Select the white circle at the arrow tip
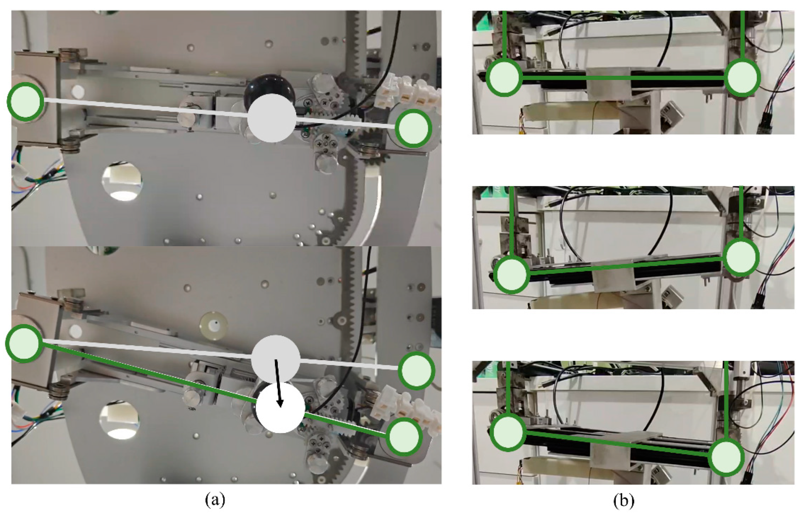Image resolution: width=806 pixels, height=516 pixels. click(x=280, y=408)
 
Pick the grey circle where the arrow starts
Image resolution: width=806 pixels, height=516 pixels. click(x=275, y=359)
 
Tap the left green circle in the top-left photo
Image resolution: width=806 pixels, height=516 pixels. click(x=25, y=101)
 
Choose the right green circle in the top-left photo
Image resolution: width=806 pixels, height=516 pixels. click(x=413, y=128)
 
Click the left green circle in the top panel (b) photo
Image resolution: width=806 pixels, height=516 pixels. click(x=504, y=78)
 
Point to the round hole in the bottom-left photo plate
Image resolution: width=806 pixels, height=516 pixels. click(x=120, y=420)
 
